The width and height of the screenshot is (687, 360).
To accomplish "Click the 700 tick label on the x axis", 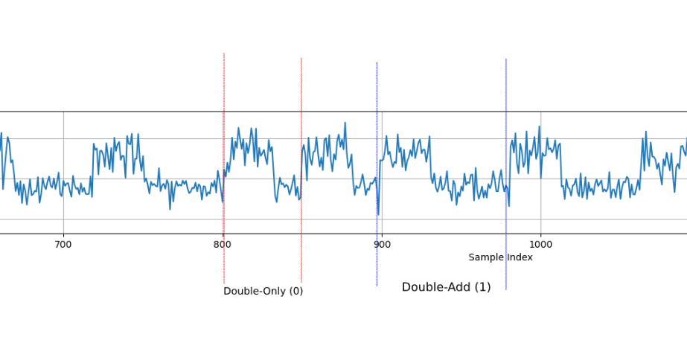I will [63, 244].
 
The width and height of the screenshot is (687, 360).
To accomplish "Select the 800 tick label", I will [223, 244].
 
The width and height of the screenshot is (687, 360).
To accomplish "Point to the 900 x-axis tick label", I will [381, 244].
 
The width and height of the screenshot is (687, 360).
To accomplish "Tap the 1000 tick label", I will [540, 244].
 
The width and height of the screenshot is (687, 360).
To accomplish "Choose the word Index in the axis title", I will [520, 257].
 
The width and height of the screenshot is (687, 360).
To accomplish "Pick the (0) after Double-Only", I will [295, 292].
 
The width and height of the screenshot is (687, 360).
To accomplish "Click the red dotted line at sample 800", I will [224, 82].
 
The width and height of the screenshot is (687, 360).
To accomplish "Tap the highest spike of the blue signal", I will [345, 123].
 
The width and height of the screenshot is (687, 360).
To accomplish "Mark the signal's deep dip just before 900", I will [377, 213].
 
